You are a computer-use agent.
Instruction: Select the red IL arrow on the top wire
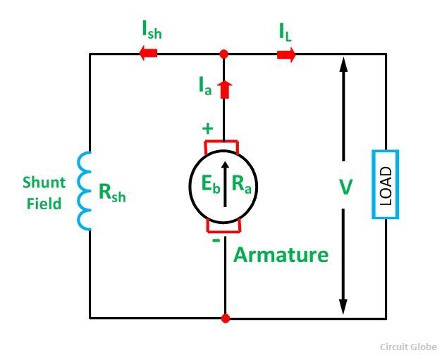coord(286,54)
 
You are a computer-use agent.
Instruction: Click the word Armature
coord(281,254)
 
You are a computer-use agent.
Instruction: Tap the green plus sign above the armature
coord(207,129)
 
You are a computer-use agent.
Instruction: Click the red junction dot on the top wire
coord(224,54)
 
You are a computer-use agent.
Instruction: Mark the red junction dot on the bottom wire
coord(225,318)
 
